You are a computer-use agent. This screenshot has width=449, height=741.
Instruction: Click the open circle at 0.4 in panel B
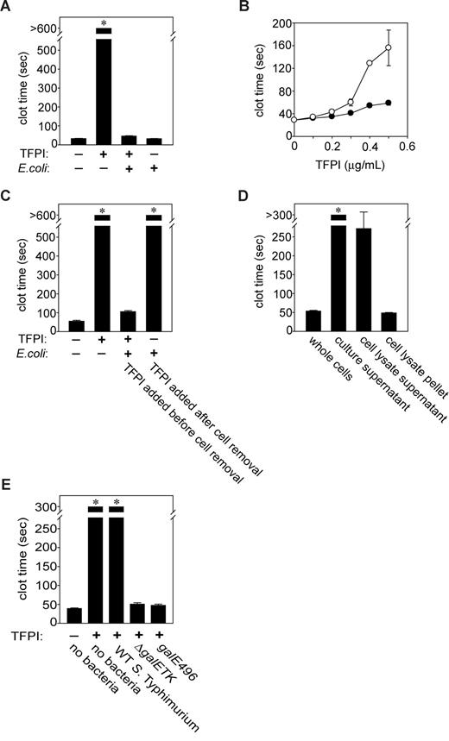pos(370,63)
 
